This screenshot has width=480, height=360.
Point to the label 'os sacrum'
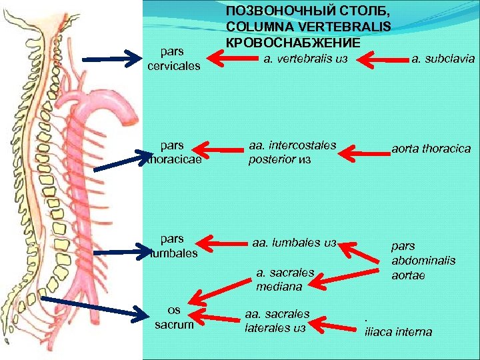click(173, 318)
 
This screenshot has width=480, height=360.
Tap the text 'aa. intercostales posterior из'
click(292, 153)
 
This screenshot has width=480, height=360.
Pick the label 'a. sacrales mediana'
click(280, 279)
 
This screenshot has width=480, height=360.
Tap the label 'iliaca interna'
click(398, 331)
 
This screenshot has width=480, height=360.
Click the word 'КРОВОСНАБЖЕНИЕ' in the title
click(293, 43)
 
